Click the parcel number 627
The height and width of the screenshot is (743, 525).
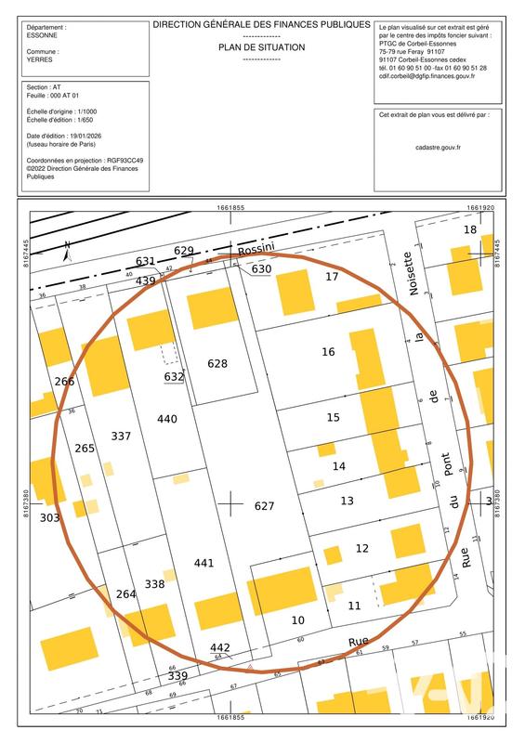265,506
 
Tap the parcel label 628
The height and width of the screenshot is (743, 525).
217,363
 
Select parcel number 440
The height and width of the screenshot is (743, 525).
167,419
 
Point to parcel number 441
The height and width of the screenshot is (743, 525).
203,563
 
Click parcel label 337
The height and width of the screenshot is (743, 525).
121,436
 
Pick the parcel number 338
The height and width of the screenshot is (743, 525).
154,584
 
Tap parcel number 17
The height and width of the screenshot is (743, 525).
332,276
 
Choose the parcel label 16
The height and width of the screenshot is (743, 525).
328,352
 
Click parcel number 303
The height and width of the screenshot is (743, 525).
50,517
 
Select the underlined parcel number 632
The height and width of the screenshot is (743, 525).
174,376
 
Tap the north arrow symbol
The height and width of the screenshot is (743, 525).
67,250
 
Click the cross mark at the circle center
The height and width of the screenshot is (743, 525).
230,503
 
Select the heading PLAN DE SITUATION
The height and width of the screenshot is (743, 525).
261,45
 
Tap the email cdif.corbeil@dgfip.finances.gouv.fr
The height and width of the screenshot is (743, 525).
427,76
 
